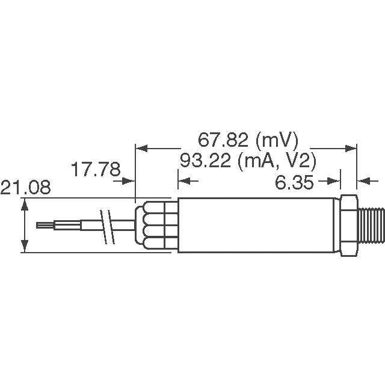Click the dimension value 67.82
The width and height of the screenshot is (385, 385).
(x=222, y=141)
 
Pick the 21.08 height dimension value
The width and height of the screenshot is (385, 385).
(x=25, y=188)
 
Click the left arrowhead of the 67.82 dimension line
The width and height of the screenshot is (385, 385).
(x=139, y=146)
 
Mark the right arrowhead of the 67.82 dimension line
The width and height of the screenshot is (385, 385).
(x=353, y=146)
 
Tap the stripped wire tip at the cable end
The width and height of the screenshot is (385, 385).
(x=45, y=226)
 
